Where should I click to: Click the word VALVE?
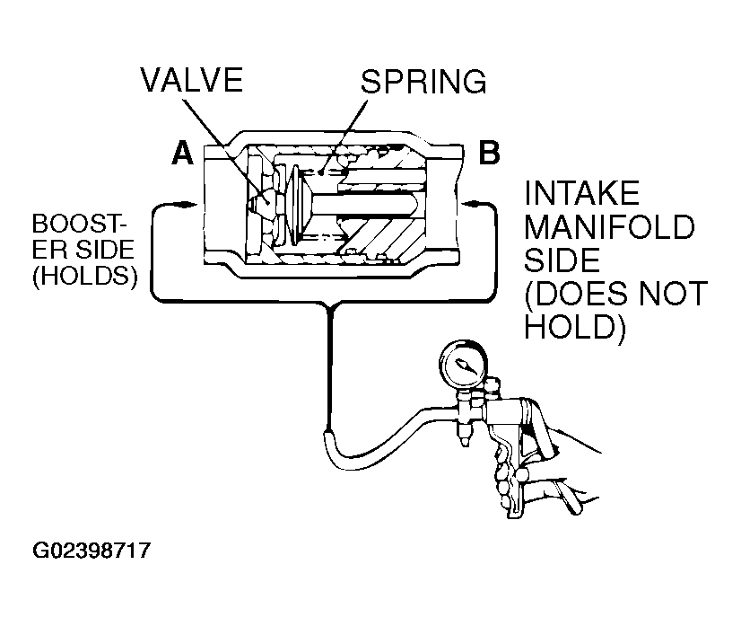pyautogui.click(x=192, y=80)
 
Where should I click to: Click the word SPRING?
pyautogui.click(x=423, y=82)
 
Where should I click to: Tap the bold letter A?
pyautogui.click(x=182, y=154)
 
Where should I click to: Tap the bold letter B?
pyautogui.click(x=489, y=153)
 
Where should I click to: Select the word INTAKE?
pyautogui.click(x=581, y=193)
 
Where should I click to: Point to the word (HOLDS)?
pyautogui.click(x=85, y=276)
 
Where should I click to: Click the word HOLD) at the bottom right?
pyautogui.click(x=575, y=327)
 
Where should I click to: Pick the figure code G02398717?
pyautogui.click(x=92, y=551)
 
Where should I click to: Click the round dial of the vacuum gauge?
pyautogui.click(x=463, y=366)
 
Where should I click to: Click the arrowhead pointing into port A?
pyautogui.click(x=189, y=205)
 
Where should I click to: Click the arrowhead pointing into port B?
pyautogui.click(x=466, y=204)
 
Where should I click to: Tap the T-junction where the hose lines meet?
pyautogui.click(x=329, y=302)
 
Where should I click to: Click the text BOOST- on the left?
pyautogui.click(x=80, y=224)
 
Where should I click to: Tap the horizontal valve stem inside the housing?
pyautogui.click(x=364, y=206)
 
